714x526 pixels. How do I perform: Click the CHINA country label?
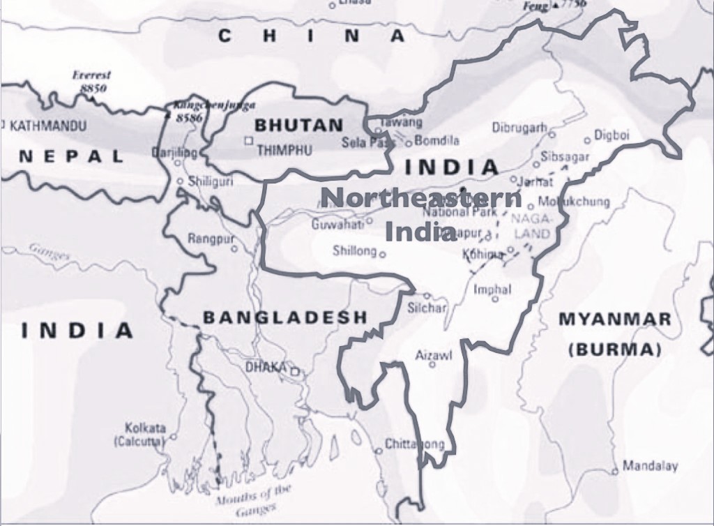pos(312,36)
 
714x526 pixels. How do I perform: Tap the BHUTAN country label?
pos(299,126)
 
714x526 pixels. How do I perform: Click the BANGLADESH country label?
pos(284,317)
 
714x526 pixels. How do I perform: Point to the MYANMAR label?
pos(615,320)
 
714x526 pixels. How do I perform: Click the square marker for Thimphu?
pos(248,141)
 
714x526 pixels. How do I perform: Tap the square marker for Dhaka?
pos(295,372)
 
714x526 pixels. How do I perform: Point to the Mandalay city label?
pos(650,465)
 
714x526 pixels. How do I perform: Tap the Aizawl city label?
pos(434,355)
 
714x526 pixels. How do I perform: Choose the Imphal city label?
pos(492,289)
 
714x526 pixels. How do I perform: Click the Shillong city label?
pos(354,250)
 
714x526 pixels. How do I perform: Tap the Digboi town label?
pos(612,135)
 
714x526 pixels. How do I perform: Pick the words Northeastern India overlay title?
pos(422,213)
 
